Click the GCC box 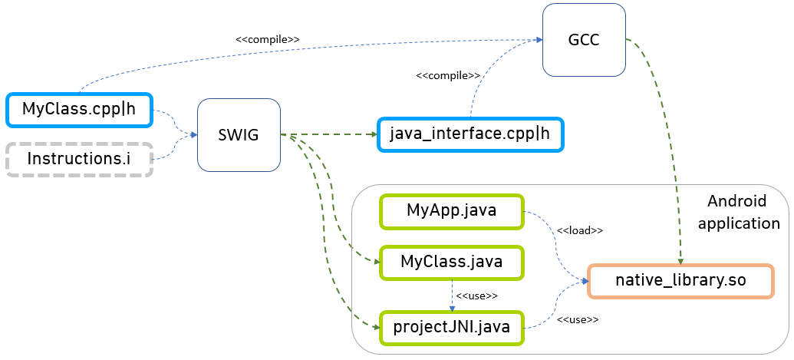tap(584, 41)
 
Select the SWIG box tap(239, 135)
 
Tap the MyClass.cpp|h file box tap(80, 109)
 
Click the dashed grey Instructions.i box tap(80, 159)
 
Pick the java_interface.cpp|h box tap(470, 134)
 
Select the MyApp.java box tap(450, 211)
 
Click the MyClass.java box tap(450, 262)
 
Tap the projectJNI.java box tap(450, 328)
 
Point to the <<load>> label tap(579, 230)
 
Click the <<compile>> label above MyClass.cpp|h tap(267, 38)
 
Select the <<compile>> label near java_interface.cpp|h tap(447, 76)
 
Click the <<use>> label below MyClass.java tap(476, 296)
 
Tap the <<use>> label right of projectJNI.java tap(577, 319)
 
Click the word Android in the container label tap(736, 202)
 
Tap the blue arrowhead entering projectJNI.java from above tap(450, 308)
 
